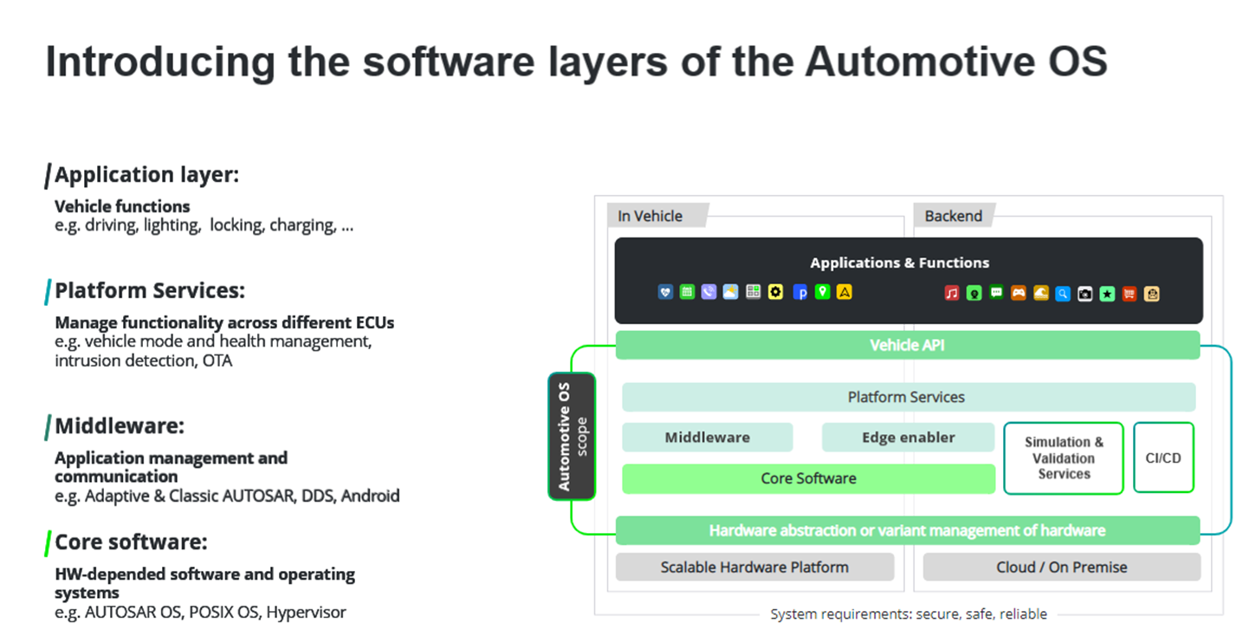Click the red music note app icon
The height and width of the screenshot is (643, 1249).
[x=952, y=293]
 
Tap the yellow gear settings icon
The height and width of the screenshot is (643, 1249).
[x=776, y=292]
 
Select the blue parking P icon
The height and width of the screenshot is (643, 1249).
[x=799, y=292]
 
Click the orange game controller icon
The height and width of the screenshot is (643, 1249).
[x=1019, y=293]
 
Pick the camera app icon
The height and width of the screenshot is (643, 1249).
[x=1084, y=294]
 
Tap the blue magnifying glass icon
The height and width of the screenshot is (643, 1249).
[x=1063, y=293]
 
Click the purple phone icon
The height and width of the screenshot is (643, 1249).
[x=709, y=292]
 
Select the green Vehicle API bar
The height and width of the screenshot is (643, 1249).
[x=907, y=345]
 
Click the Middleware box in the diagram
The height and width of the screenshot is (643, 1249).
[x=707, y=437]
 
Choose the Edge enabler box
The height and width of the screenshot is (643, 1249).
[x=908, y=437]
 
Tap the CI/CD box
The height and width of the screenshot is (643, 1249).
[x=1163, y=458]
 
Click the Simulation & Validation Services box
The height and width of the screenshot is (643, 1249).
[x=1063, y=458]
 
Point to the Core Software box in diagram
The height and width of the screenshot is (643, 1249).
[x=808, y=478]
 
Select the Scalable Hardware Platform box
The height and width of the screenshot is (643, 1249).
[x=754, y=568]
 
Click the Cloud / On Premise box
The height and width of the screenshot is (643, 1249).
[x=1061, y=568]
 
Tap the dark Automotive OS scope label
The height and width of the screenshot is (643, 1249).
[x=572, y=436]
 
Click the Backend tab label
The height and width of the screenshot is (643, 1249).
[x=953, y=216]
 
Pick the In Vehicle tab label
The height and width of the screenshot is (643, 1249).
[x=650, y=216]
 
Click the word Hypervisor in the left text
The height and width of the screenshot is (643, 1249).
[x=306, y=612]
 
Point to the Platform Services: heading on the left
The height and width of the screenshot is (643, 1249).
[x=149, y=290]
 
